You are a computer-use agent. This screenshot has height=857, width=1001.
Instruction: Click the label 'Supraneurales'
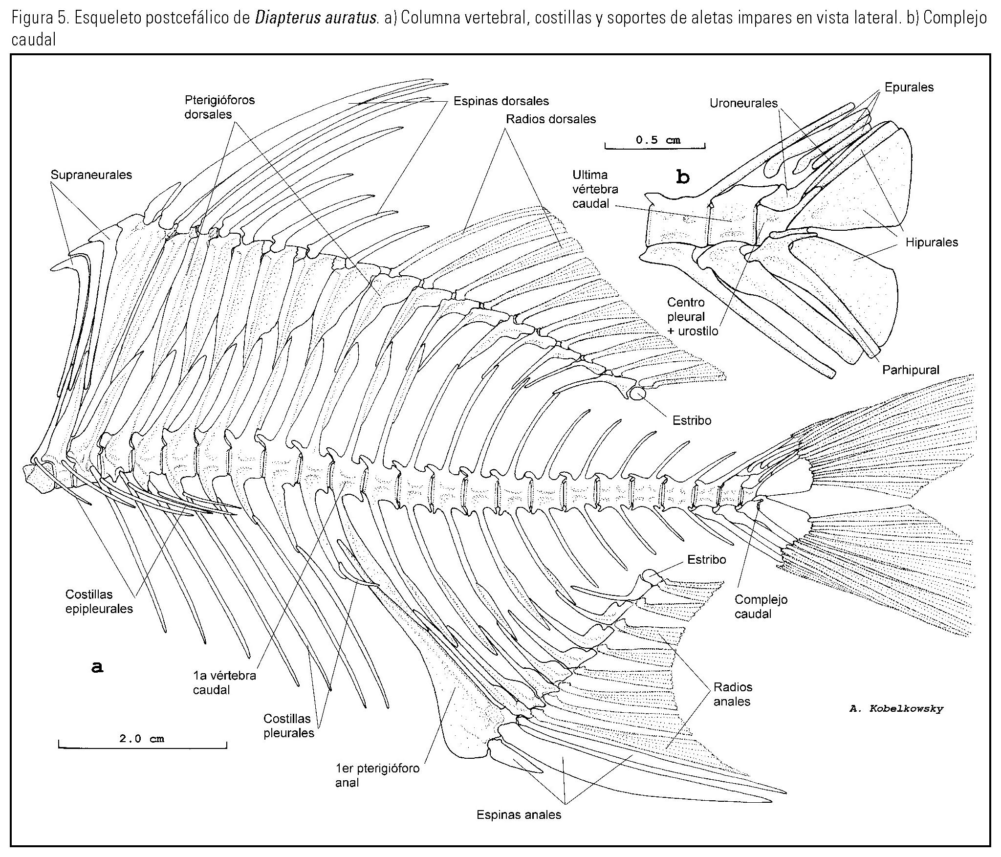(91, 175)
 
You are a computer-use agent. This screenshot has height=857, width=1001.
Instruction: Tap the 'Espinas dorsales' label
(501, 101)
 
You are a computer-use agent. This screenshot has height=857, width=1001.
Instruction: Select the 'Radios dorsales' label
(551, 119)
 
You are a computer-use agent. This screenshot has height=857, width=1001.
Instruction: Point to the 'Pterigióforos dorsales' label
(219, 107)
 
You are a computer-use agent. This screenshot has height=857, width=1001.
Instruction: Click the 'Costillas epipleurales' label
(99, 601)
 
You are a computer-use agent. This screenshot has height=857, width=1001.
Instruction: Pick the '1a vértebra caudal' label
(224, 682)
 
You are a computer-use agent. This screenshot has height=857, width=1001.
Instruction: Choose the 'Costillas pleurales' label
(288, 725)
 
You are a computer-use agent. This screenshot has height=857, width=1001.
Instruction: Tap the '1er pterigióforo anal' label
(377, 775)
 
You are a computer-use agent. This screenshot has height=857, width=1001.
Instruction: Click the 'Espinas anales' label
(519, 814)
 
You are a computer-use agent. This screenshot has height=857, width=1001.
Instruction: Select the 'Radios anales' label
(732, 694)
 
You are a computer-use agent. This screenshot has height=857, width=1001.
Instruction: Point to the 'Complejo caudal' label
(761, 606)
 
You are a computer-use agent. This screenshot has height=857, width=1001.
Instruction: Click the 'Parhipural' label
(911, 370)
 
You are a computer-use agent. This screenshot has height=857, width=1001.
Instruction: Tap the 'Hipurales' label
(932, 242)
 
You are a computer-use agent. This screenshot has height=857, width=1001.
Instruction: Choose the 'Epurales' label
(909, 88)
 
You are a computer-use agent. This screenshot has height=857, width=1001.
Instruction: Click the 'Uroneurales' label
(743, 103)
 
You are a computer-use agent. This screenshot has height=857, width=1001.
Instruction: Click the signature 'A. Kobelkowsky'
(896, 708)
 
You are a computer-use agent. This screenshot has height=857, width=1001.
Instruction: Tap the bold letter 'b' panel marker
(682, 177)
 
